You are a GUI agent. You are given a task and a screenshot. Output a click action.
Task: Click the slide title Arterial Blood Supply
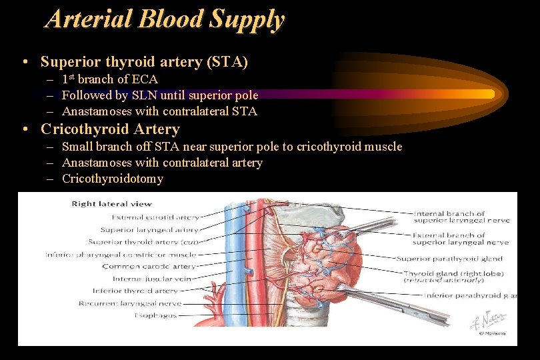tap(165, 19)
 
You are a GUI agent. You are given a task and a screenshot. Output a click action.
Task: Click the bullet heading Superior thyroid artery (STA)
tap(144, 62)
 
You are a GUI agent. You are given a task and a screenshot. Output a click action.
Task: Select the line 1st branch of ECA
tap(110, 79)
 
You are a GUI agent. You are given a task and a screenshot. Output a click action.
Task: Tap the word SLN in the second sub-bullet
tap(143, 95)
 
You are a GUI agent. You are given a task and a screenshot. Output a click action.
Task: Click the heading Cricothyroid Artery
tap(110, 129)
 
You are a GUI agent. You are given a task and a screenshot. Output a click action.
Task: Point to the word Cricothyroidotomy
tap(112, 179)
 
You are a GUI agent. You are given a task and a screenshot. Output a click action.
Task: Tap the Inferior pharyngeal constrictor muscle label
tap(121, 254)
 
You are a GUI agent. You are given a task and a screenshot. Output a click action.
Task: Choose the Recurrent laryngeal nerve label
tap(139, 303)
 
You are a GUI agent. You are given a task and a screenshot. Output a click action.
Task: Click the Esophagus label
tap(155, 315)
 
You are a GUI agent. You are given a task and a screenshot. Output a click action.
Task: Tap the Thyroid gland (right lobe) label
tap(453, 273)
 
